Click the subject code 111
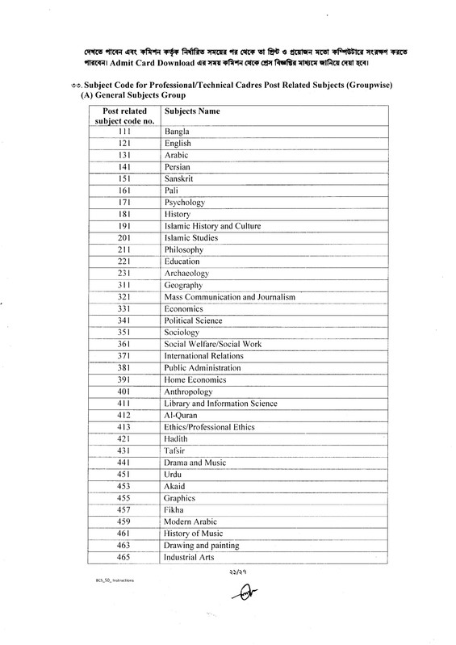[124, 130]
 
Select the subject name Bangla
[177, 130]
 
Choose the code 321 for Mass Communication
[124, 297]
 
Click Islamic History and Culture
[212, 227]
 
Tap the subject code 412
[124, 414]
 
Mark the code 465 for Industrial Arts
[124, 557]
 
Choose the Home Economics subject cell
[195, 379]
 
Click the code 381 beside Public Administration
[124, 367]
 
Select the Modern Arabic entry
[192, 522]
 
